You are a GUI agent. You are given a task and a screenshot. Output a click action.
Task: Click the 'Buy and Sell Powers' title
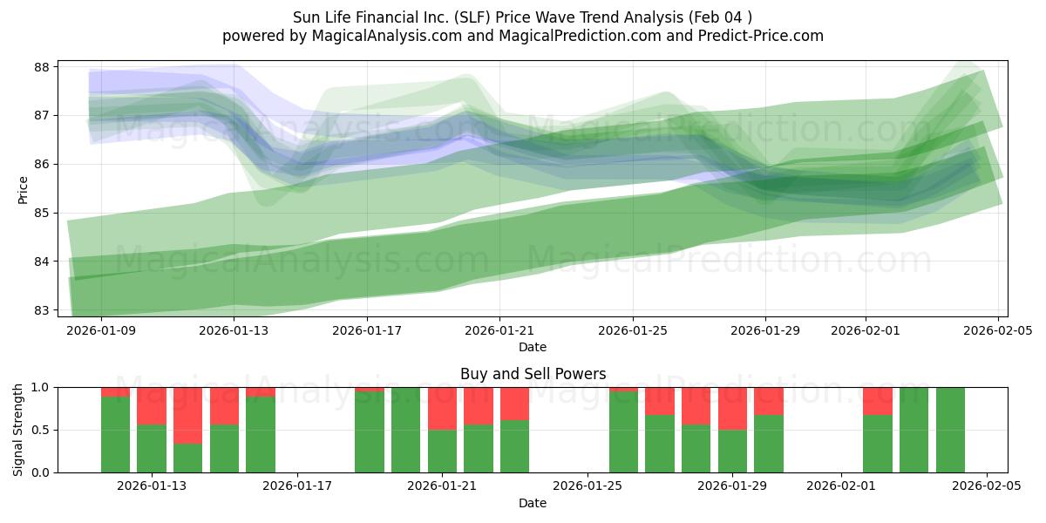tap(533, 374)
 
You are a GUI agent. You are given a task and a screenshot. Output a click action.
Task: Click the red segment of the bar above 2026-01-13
tap(152, 405)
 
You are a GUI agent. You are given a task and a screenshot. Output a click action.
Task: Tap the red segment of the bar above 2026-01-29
tap(732, 408)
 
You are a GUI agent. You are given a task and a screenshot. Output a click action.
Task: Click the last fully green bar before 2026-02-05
tap(950, 430)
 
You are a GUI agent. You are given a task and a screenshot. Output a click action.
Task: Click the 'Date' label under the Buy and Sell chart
tap(533, 503)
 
